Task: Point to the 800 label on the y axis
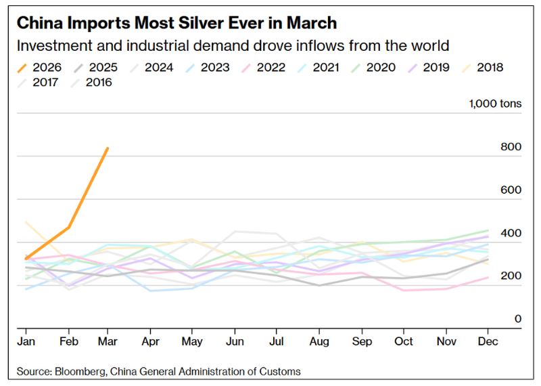tap(511, 147)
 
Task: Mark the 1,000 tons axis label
tap(494, 104)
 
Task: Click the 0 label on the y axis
tap(518, 318)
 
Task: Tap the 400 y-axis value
tap(511, 233)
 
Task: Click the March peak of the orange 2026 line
tap(108, 148)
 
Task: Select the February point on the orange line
tap(69, 228)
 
